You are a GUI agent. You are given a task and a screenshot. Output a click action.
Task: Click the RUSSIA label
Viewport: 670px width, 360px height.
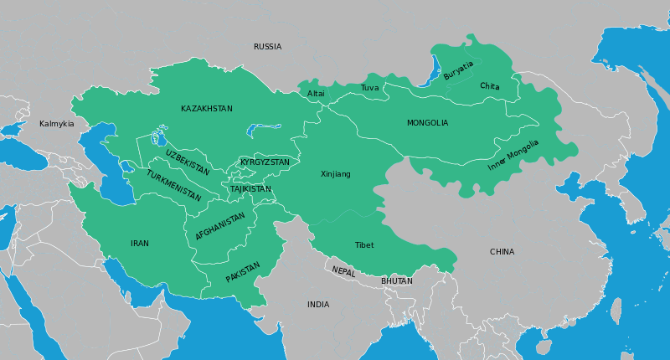pyautogui.click(x=267, y=47)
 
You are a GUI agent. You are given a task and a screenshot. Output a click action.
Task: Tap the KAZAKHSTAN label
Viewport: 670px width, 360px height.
pyautogui.click(x=207, y=109)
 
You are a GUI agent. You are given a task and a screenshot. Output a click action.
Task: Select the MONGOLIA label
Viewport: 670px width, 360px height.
pyautogui.click(x=427, y=123)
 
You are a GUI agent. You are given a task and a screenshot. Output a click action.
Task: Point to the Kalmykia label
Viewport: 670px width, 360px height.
pyautogui.click(x=57, y=124)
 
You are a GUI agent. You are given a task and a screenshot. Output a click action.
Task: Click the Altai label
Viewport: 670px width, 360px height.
pyautogui.click(x=316, y=94)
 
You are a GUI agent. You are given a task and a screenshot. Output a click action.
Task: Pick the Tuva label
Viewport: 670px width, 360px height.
pyautogui.click(x=369, y=88)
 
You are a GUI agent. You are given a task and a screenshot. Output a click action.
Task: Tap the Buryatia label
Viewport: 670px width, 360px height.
pyautogui.click(x=458, y=70)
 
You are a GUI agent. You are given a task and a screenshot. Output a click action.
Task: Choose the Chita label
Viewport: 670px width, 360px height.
pyautogui.click(x=490, y=86)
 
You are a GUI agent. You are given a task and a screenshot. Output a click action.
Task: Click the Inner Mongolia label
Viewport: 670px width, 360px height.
pyautogui.click(x=513, y=156)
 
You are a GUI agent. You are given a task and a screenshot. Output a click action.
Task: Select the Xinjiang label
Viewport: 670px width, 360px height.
pyautogui.click(x=336, y=174)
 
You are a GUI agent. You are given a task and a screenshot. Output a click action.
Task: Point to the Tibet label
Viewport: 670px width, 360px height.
pyautogui.click(x=364, y=245)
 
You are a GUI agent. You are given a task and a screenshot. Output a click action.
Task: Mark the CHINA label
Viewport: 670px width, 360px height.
pyautogui.click(x=502, y=252)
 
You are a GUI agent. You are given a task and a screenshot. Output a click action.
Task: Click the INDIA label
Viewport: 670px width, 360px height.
pyautogui.click(x=318, y=305)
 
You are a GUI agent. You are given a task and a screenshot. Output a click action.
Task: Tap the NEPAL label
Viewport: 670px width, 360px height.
pyautogui.click(x=343, y=271)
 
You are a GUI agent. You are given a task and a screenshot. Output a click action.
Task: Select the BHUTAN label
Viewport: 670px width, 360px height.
pyautogui.click(x=397, y=281)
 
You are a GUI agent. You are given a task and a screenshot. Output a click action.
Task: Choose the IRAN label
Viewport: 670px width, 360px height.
pyautogui.click(x=140, y=244)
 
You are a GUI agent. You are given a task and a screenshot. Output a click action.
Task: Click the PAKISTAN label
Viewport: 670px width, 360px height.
pyautogui.click(x=243, y=272)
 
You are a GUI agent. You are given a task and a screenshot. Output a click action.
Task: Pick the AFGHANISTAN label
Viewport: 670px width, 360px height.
pyautogui.click(x=220, y=226)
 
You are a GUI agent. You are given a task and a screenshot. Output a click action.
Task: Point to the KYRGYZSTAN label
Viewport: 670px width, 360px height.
pyautogui.click(x=265, y=162)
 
